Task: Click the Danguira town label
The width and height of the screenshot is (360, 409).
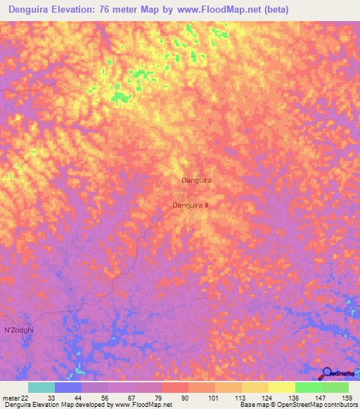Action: click(x=197, y=181)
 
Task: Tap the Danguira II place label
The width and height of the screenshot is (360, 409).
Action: click(x=191, y=205)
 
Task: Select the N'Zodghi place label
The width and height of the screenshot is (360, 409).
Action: click(x=18, y=330)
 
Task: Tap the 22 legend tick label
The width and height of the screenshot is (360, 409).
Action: click(x=25, y=398)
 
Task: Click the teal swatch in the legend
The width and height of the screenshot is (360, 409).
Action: click(x=41, y=387)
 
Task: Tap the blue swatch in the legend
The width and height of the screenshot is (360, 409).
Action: click(x=68, y=387)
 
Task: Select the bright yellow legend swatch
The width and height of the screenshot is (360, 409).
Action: click(x=282, y=387)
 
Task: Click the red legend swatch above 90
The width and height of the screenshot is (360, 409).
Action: click(x=175, y=387)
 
